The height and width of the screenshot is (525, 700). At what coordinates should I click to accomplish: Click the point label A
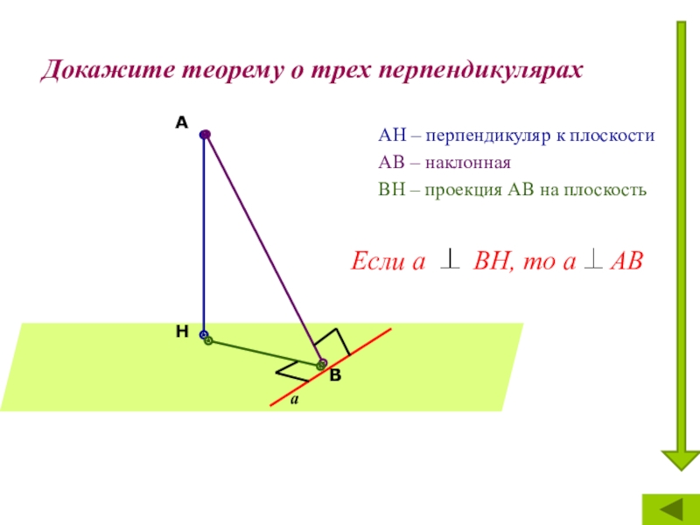(x=181, y=123)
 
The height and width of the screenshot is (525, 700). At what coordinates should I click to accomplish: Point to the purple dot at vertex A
(x=204, y=135)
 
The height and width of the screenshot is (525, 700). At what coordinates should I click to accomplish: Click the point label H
(x=182, y=332)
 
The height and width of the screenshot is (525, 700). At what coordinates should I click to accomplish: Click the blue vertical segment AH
(x=203, y=236)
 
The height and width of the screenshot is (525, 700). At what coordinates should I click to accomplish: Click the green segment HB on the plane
(x=262, y=352)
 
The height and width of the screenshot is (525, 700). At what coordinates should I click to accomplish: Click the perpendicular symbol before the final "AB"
(x=591, y=260)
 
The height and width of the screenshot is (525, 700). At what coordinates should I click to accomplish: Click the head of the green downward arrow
(x=678, y=459)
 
